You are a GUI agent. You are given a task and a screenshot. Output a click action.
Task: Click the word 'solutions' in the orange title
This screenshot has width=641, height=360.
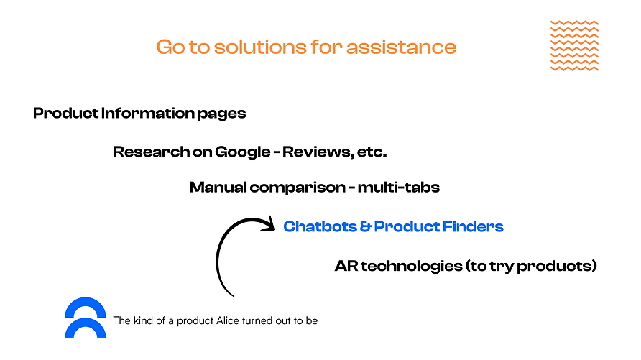point(259,47)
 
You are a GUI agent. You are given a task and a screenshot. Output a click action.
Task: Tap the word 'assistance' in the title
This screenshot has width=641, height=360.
point(401,47)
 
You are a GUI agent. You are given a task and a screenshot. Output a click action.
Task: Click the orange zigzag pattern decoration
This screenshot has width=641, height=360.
point(574,45)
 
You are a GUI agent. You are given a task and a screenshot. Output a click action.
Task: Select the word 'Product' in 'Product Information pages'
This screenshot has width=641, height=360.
point(66,114)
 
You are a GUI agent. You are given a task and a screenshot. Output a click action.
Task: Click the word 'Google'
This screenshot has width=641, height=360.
point(242,152)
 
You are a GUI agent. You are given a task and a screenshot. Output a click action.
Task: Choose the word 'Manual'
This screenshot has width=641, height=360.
point(218,187)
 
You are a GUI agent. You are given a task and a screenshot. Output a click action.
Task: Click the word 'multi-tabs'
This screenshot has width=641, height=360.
point(399,187)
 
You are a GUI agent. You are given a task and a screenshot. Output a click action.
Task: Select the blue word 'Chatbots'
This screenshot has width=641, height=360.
point(320,226)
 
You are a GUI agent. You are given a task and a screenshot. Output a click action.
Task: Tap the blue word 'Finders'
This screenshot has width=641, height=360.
point(473,226)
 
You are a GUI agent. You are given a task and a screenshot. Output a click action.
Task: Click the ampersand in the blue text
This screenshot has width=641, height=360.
point(365,226)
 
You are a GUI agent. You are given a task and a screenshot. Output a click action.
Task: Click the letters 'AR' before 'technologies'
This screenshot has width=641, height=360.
point(346,266)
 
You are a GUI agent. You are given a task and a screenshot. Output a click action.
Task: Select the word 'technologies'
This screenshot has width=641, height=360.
point(411,266)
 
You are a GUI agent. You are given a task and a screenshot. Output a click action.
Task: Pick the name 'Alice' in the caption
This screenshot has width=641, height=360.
point(227,320)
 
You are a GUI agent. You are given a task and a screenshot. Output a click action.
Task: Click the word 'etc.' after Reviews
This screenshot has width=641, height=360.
point(372,152)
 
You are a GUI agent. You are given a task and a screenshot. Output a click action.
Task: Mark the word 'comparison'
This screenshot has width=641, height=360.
point(298,188)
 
